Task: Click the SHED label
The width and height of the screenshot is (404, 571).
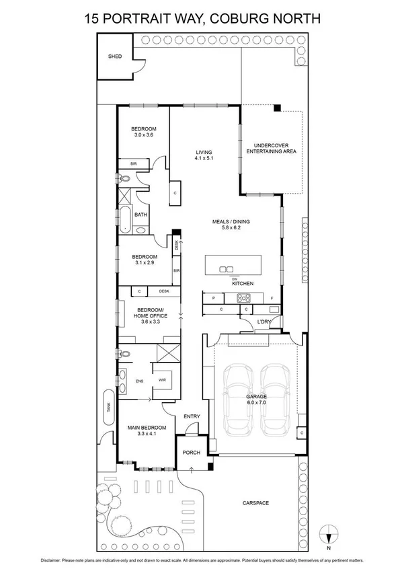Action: coord(115,56)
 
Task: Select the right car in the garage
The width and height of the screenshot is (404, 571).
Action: coord(275,399)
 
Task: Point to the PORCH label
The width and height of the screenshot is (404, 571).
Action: coord(192,453)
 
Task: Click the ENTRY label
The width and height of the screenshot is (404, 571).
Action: coord(192,416)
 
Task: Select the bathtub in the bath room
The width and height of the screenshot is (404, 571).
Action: coord(126,219)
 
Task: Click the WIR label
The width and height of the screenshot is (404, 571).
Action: coord(162,380)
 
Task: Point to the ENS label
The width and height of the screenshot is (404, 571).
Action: coord(140,381)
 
